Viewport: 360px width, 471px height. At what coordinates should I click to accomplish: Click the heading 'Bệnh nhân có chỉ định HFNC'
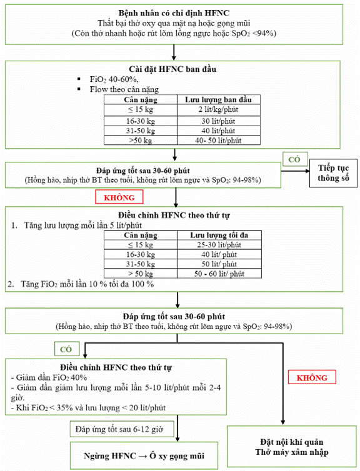coord(174,13)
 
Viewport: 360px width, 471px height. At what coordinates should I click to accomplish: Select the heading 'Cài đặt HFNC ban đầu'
coord(172,69)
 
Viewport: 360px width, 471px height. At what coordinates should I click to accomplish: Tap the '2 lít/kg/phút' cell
coord(219,109)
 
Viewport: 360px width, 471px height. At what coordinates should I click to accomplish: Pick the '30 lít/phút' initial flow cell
coord(219,121)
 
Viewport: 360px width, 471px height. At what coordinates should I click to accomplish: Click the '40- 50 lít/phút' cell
coord(219,141)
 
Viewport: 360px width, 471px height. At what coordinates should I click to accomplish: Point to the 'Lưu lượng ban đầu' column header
coord(219,99)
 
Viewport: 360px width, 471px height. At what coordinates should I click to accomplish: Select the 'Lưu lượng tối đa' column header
coord(219,235)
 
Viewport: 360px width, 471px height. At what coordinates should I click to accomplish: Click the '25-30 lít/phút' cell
coord(219,245)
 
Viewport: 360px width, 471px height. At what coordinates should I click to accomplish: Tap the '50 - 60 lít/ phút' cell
coord(219,274)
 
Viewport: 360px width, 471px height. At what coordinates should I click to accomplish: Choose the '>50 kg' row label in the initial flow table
coord(141,141)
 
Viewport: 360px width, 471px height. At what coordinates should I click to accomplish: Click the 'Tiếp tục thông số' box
coord(334,173)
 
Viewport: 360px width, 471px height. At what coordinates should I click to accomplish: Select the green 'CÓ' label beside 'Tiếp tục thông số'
coord(295,159)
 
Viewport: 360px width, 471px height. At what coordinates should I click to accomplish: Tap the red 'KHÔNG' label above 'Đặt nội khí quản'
coord(312,377)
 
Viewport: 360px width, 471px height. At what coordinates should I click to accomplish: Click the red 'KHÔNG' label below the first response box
coord(119,197)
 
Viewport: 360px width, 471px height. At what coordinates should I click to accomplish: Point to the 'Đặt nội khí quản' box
coord(291,446)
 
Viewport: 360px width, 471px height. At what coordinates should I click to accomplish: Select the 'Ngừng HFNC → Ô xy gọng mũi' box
coord(144,455)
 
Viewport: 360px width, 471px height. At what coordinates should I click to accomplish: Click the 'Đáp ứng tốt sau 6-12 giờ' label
coord(122,429)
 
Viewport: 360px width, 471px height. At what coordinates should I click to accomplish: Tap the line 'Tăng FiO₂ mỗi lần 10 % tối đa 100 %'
coord(81,284)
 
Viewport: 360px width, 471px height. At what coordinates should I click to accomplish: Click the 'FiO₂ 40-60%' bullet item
coord(114,79)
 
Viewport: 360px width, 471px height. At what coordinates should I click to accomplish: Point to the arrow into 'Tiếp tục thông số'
coord(295,171)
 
